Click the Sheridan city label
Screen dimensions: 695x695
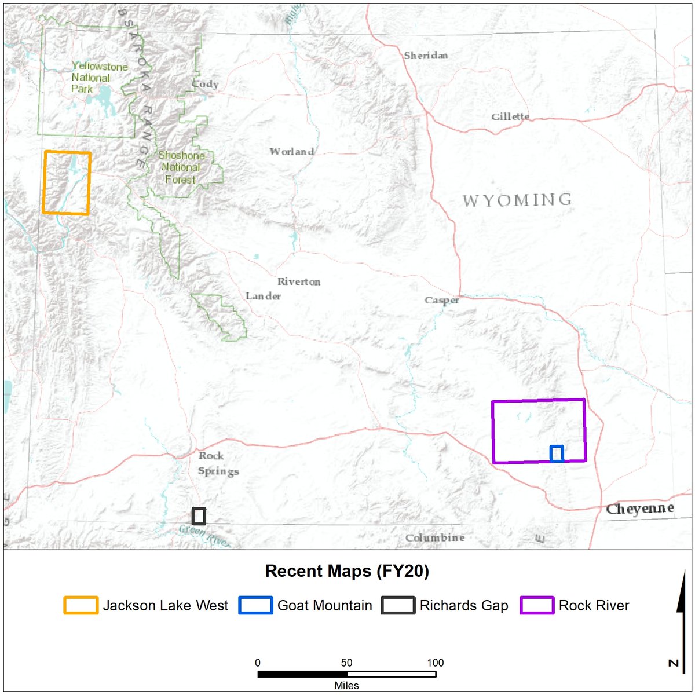pos(426,56)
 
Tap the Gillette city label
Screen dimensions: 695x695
pos(510,116)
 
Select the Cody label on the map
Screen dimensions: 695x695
pos(205,84)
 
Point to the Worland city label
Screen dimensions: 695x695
pos(292,152)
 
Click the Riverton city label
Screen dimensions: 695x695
pos(298,282)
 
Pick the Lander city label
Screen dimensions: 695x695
pos(263,296)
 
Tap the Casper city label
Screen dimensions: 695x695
pos(441,300)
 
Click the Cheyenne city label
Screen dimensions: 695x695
pos(639,509)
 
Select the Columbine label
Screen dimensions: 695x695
pos(434,538)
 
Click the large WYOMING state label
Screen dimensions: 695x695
pos(517,201)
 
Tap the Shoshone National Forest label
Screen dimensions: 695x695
pos(181,167)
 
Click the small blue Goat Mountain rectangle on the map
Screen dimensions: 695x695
pos(557,453)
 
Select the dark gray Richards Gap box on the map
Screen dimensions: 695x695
pos(199,516)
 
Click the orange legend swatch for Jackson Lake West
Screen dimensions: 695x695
pos(81,606)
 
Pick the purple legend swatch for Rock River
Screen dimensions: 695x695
pos(536,606)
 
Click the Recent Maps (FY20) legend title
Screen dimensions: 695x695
pos(347,572)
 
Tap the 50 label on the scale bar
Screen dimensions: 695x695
pos(346,663)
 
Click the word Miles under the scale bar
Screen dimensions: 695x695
pos(346,686)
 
